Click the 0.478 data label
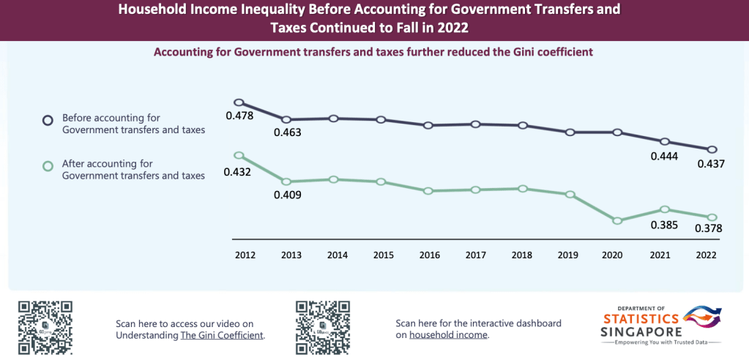[239, 116]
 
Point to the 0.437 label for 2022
[710, 164]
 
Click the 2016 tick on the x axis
[430, 255]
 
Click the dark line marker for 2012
[238, 102]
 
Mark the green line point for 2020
[617, 220]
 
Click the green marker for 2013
[286, 181]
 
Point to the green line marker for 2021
[665, 210]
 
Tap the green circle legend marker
[48, 166]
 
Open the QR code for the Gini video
[45, 327]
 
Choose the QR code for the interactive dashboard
[322, 327]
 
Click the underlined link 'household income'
[447, 335]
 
